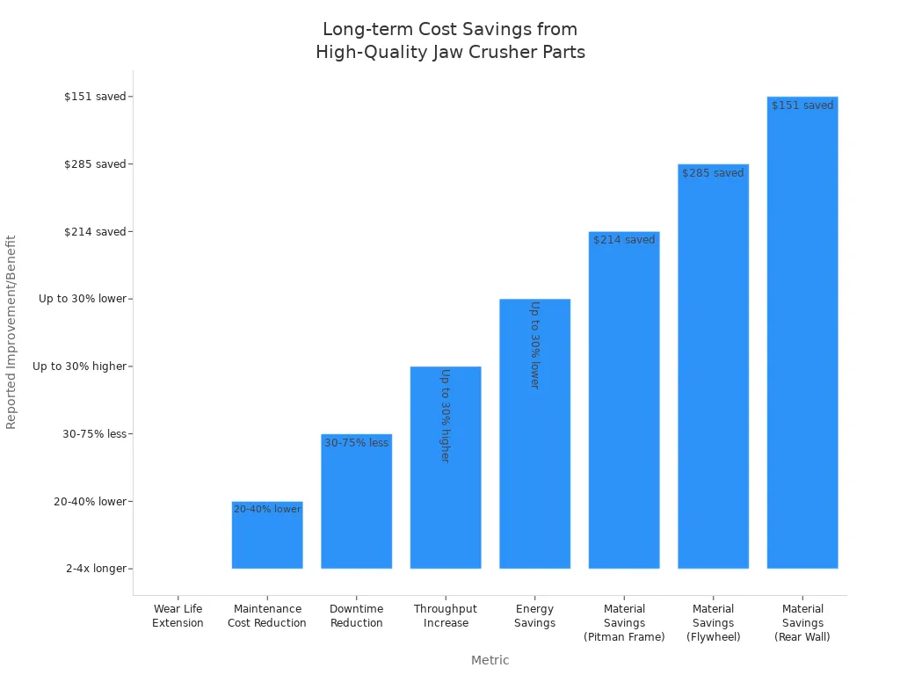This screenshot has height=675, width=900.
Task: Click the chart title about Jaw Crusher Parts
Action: tap(450, 40)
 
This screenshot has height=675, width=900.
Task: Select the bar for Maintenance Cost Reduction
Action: tap(267, 535)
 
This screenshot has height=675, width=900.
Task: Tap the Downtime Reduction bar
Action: tap(357, 501)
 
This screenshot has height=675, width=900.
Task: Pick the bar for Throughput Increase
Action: tap(446, 468)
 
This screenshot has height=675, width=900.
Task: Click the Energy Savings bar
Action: tap(535, 434)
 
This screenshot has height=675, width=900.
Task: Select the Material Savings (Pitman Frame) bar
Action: tap(624, 400)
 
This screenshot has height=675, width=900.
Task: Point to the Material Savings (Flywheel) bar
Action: tap(714, 367)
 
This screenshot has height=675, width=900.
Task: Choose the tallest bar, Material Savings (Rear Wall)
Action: tap(802, 333)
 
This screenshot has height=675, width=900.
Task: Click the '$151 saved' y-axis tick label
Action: tap(95, 97)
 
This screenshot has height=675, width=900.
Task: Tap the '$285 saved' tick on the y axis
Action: tap(95, 164)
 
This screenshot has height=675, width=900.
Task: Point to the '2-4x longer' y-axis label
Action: tap(96, 569)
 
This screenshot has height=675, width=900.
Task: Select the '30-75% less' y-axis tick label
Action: tap(94, 434)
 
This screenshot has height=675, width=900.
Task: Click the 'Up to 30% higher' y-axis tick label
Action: tap(79, 367)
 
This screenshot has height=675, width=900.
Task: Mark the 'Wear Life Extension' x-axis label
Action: tap(178, 616)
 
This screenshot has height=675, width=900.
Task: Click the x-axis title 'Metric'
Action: tap(490, 660)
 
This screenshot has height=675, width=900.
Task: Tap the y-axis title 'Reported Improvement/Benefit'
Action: tap(11, 332)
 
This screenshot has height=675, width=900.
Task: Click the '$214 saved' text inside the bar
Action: tap(624, 240)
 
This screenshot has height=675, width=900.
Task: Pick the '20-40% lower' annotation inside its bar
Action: tap(267, 509)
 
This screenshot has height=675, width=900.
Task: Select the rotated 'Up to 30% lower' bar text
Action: tap(535, 345)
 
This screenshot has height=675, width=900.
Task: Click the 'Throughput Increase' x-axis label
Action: tap(446, 616)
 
